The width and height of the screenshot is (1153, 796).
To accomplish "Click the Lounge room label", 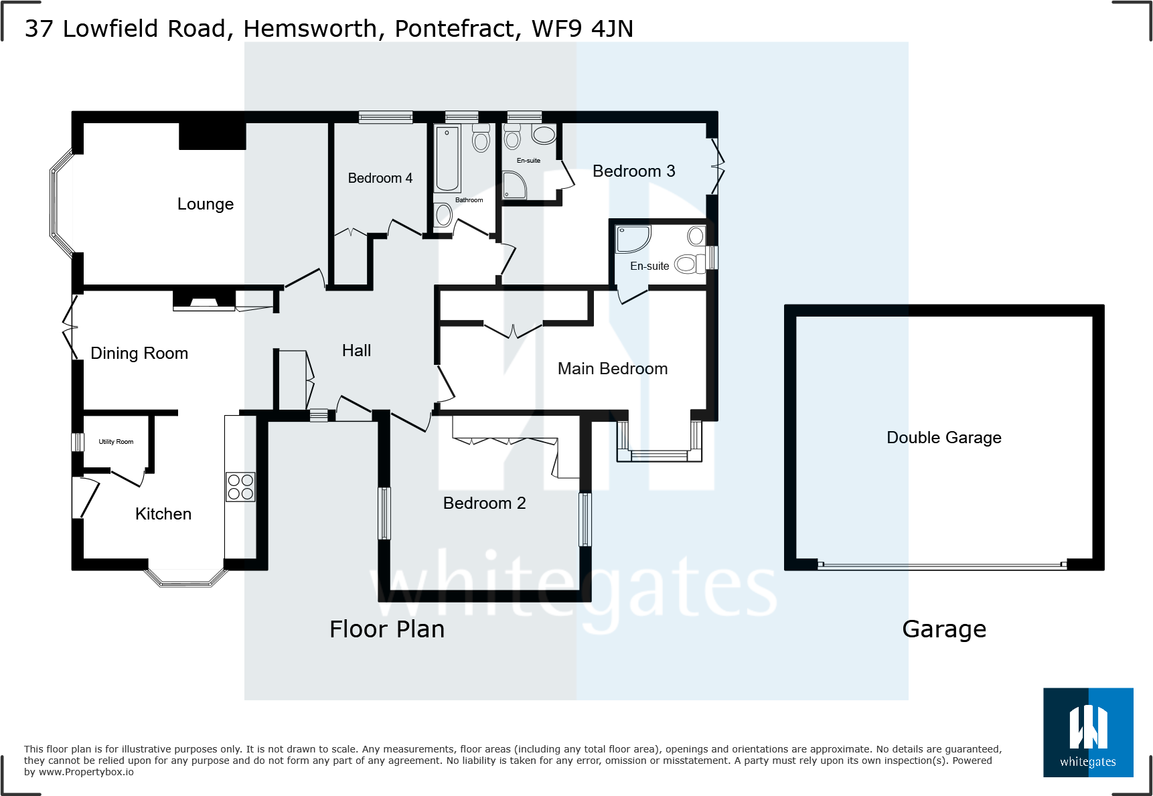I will tap(206, 204).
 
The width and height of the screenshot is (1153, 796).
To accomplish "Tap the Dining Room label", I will tap(139, 353).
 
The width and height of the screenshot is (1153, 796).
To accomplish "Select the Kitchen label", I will tap(163, 514).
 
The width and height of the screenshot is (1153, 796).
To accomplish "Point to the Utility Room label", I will tap(116, 442).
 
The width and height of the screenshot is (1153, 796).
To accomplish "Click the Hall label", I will tap(356, 351).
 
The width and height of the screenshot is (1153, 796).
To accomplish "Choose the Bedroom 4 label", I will tap(380, 178).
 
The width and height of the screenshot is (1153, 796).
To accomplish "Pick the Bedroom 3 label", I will tap(633, 171).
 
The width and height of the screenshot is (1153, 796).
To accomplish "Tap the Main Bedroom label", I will tap(613, 369).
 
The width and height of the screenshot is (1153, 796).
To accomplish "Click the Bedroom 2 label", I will tap(484, 503).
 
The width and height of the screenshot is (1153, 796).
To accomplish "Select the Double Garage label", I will tap(943, 438).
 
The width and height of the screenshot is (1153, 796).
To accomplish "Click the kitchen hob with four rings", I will tap(240, 487).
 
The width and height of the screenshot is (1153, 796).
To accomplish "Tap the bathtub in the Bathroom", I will tap(447, 159).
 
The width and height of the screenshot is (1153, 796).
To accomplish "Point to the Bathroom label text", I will tap(469, 200).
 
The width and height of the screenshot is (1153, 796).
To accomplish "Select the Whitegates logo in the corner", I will tap(1088, 732).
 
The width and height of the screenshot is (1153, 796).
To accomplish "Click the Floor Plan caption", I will tap(387, 629).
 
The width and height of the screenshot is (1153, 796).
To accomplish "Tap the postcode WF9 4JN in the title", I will tap(582, 29).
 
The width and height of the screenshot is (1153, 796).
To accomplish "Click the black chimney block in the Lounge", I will tap(212, 136).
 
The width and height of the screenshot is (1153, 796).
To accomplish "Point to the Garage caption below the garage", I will tap(944, 629).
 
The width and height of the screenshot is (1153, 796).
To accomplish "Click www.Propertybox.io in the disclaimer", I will tap(86, 772).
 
